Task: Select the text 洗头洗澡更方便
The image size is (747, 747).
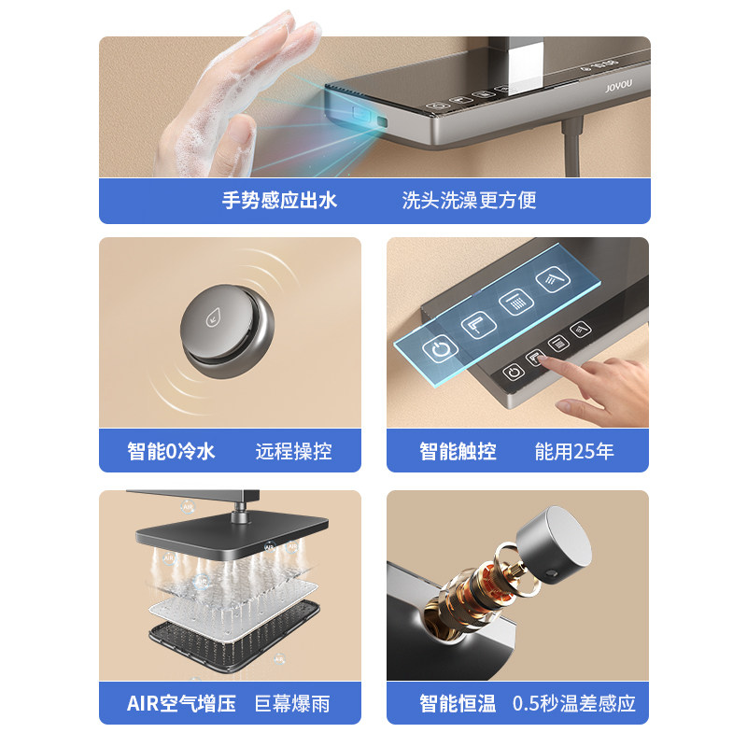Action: [x=469, y=201]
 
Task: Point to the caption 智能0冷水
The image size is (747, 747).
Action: [x=171, y=452]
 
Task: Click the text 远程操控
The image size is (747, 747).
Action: [x=293, y=452]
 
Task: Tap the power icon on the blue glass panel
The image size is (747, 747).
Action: [x=439, y=351]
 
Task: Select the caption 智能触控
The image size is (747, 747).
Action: [x=458, y=452]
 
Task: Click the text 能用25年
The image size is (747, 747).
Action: [x=574, y=452]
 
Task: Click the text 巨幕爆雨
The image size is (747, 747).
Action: [x=292, y=703]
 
